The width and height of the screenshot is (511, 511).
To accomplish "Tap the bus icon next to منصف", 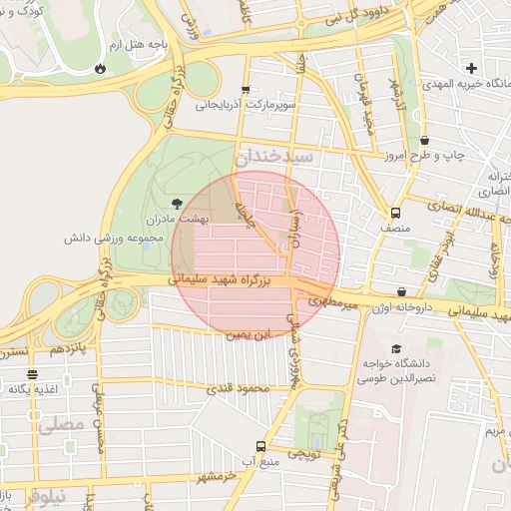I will click(396, 213).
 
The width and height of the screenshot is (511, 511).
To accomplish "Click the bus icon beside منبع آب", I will click(261, 446).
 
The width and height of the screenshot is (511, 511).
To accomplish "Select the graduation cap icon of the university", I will click(397, 349).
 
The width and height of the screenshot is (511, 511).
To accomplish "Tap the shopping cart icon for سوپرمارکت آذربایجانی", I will click(247, 89).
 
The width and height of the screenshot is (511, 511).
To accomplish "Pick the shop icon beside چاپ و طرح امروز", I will click(426, 141).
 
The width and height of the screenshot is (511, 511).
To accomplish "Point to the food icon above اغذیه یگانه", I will click(32, 375).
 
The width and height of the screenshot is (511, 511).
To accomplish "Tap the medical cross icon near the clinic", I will click(471, 69).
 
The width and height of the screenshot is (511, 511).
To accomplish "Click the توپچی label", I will click(301, 453).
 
